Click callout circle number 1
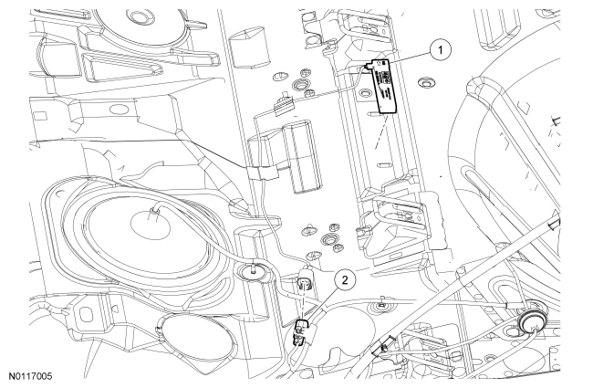click(441, 50)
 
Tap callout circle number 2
click(345, 280)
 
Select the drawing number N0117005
click(31, 376)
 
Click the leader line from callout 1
click(411, 56)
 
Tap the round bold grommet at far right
click(531, 320)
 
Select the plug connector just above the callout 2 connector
click(305, 279)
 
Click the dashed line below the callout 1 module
click(381, 131)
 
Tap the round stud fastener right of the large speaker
click(253, 271)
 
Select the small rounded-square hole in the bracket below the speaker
click(87, 314)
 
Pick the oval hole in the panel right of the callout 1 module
click(425, 82)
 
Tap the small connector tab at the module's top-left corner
click(368, 67)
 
